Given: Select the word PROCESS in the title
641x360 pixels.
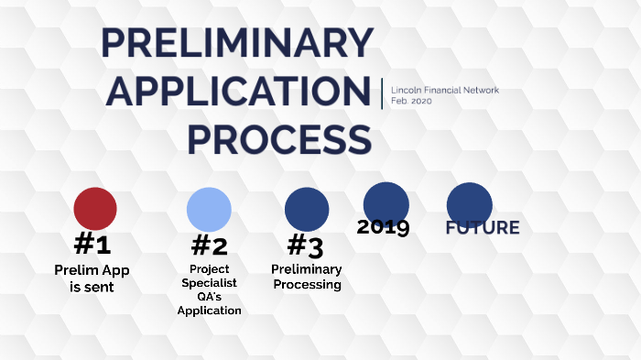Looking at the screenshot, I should (x=279, y=139).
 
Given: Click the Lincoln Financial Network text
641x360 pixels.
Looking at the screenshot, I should (x=445, y=90).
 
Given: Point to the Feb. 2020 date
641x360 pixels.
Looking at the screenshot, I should (x=410, y=101).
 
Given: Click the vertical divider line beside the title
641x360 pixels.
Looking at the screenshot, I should (x=382, y=94).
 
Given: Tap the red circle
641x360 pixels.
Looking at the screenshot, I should (x=95, y=208).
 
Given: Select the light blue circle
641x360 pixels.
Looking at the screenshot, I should (x=209, y=208).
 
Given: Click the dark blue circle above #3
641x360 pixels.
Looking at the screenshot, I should (x=307, y=209).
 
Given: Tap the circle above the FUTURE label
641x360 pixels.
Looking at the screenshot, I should (x=469, y=203).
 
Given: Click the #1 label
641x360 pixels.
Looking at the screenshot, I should (x=92, y=244).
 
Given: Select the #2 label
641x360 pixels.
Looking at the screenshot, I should (x=209, y=245).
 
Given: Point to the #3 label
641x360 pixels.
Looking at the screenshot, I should (x=305, y=245).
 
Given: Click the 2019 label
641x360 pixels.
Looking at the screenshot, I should (x=383, y=227).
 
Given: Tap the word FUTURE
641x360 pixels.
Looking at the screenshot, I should (x=482, y=228).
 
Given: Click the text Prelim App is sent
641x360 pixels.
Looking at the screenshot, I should (x=92, y=278).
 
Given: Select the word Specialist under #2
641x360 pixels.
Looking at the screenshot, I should (x=209, y=283).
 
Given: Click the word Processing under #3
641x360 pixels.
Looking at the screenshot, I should (x=306, y=285).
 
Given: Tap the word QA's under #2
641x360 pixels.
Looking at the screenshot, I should (x=209, y=297).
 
